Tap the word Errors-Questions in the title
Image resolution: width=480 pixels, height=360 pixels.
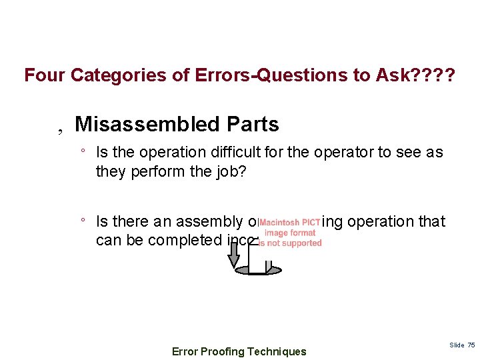pos(244,75)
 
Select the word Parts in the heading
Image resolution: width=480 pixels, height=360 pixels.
pos(253,124)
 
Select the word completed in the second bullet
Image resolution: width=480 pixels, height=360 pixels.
pos(181,239)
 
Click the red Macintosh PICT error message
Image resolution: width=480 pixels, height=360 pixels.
pos(290,233)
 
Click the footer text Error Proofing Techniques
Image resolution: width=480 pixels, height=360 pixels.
pos(239,351)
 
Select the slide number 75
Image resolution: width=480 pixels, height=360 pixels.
pos(471,345)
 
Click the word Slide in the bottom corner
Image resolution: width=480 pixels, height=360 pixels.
pos(457,345)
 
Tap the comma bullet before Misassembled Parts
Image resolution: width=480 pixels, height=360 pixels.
pos(59,127)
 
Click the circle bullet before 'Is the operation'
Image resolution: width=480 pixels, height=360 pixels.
pos(82,151)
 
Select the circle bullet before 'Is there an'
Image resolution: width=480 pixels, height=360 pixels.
pos(82,221)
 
